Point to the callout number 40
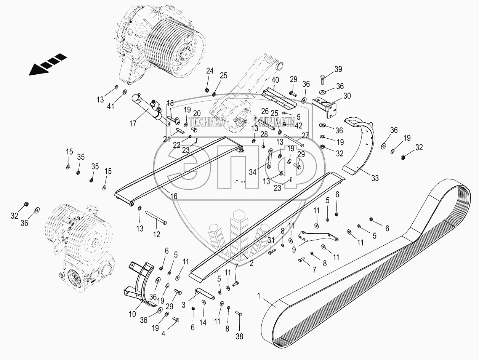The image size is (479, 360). [x=276, y=80]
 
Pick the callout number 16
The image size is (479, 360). [x=174, y=197]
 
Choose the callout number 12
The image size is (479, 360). [x=157, y=235]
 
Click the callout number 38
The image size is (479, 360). [x=239, y=337]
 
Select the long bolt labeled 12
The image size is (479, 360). [x=155, y=219]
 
